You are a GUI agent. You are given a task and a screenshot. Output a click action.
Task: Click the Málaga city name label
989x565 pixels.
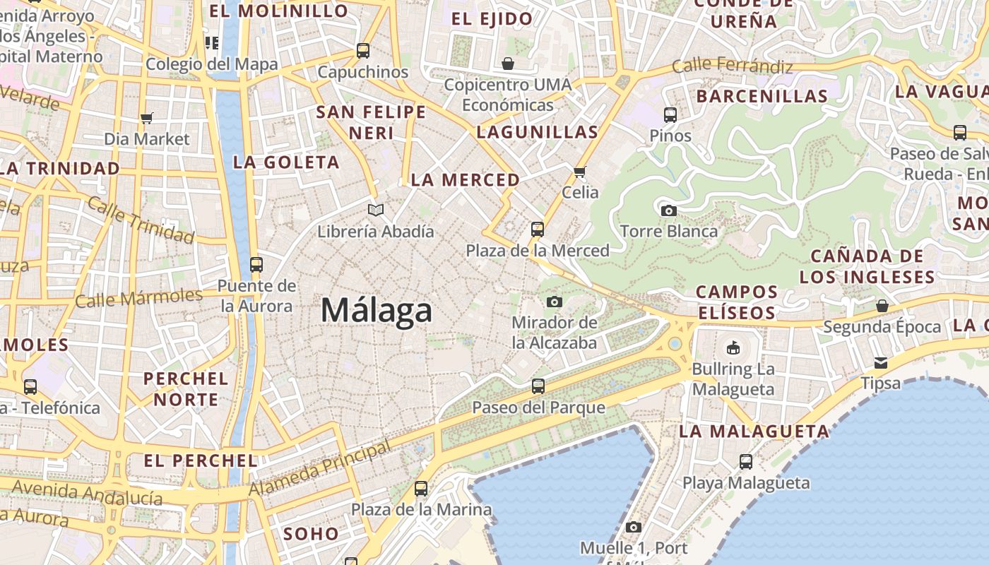[x=376, y=311]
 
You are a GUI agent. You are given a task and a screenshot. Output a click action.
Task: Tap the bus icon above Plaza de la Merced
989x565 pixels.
[x=538, y=230]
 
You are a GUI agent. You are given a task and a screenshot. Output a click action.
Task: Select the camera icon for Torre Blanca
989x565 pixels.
[x=668, y=210]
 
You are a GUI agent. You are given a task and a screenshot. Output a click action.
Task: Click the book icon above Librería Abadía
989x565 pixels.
[x=375, y=210]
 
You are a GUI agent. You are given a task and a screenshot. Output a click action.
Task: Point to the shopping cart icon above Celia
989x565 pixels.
[x=580, y=172]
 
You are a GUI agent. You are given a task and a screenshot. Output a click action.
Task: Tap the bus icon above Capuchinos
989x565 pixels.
[x=363, y=51]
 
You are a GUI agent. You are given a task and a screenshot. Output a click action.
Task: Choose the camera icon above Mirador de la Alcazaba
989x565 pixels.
[x=555, y=302]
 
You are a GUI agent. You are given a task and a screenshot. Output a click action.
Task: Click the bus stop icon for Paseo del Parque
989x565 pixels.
[x=538, y=386]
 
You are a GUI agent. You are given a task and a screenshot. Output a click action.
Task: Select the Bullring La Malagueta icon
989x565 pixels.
[x=733, y=347]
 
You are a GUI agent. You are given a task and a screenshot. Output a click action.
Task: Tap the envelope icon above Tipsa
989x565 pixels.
[x=881, y=362]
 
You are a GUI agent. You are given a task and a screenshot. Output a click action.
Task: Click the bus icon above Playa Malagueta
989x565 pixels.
[x=746, y=462]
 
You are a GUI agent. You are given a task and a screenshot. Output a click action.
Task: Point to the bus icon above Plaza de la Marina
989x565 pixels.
[x=421, y=488]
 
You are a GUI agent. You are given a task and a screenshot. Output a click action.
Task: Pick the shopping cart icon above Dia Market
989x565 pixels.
[x=147, y=118]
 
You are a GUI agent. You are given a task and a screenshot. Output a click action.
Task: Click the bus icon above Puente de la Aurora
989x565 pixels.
[x=256, y=265]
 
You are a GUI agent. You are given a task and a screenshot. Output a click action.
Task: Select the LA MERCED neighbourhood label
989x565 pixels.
[x=466, y=180]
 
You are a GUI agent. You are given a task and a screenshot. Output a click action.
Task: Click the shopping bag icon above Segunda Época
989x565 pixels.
[x=882, y=306]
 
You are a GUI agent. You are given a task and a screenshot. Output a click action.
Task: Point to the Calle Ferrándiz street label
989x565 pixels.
[x=732, y=66]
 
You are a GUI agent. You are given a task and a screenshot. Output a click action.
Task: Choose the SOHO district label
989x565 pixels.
[x=312, y=534]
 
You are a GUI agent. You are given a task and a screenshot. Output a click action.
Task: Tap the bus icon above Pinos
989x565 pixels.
[x=670, y=114]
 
